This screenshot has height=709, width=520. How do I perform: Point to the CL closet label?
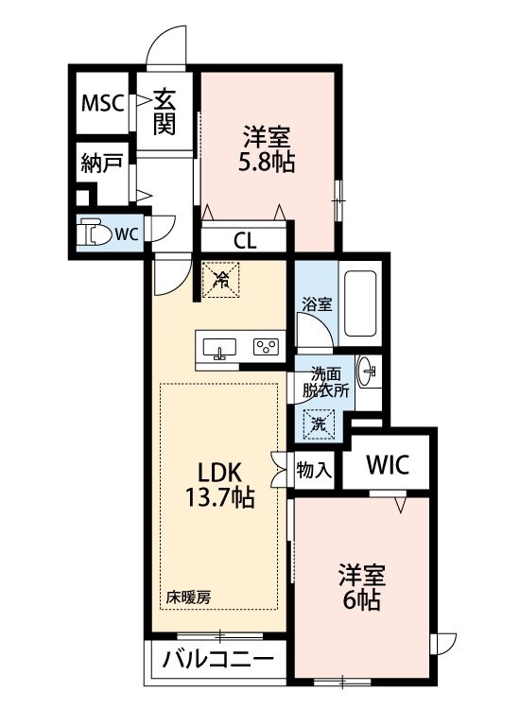click(x=244, y=241)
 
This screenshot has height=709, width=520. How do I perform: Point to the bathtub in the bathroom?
click(x=360, y=303)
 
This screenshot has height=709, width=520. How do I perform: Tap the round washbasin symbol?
click(x=368, y=368)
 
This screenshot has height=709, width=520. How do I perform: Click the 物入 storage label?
click(x=314, y=470)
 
